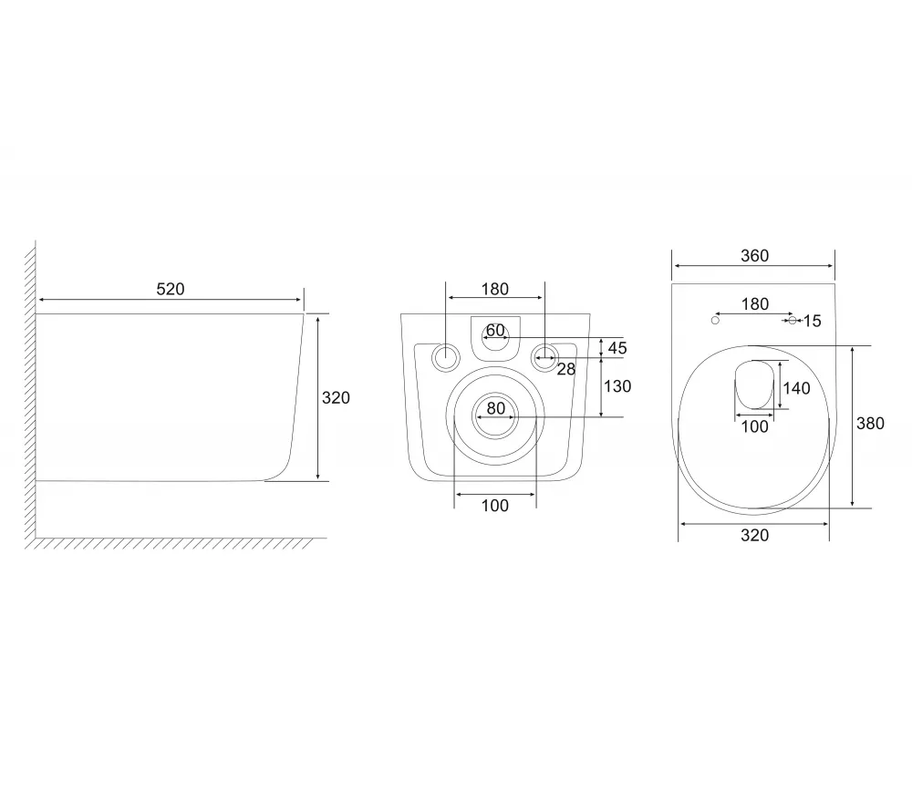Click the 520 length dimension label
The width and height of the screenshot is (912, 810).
pos(171,289)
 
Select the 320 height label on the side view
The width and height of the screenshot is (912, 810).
pos(336,397)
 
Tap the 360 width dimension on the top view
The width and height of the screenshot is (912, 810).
pos(754,256)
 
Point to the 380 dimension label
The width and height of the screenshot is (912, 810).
pos(870,423)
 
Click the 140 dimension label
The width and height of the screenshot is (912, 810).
pos(796,388)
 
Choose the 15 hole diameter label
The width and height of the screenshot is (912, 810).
pos(812,321)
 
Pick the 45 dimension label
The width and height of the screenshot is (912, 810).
pos(617,348)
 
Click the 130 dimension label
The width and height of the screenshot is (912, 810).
pos(617,386)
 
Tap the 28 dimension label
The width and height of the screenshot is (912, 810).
pos(566,369)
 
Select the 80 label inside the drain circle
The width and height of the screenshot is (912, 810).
pos(495,408)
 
